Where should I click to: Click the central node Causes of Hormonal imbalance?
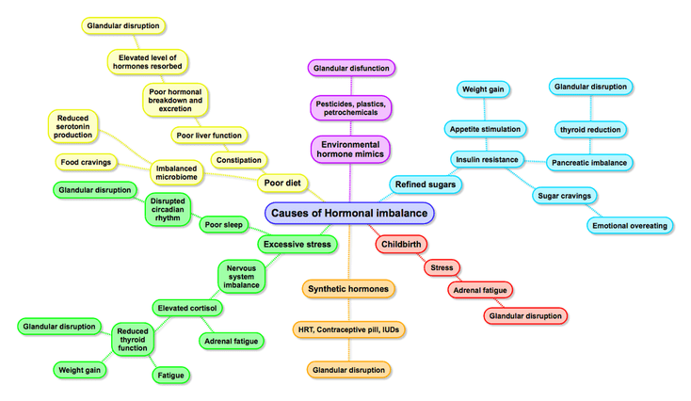coord(349,214)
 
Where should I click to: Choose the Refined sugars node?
coord(426,184)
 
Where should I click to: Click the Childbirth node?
coord(401,245)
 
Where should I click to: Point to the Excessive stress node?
coord(298,245)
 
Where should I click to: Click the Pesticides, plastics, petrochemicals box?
coord(350,105)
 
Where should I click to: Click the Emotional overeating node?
coord(629,225)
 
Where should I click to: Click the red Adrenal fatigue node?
coord(481,290)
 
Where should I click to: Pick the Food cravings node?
coord(87,162)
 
